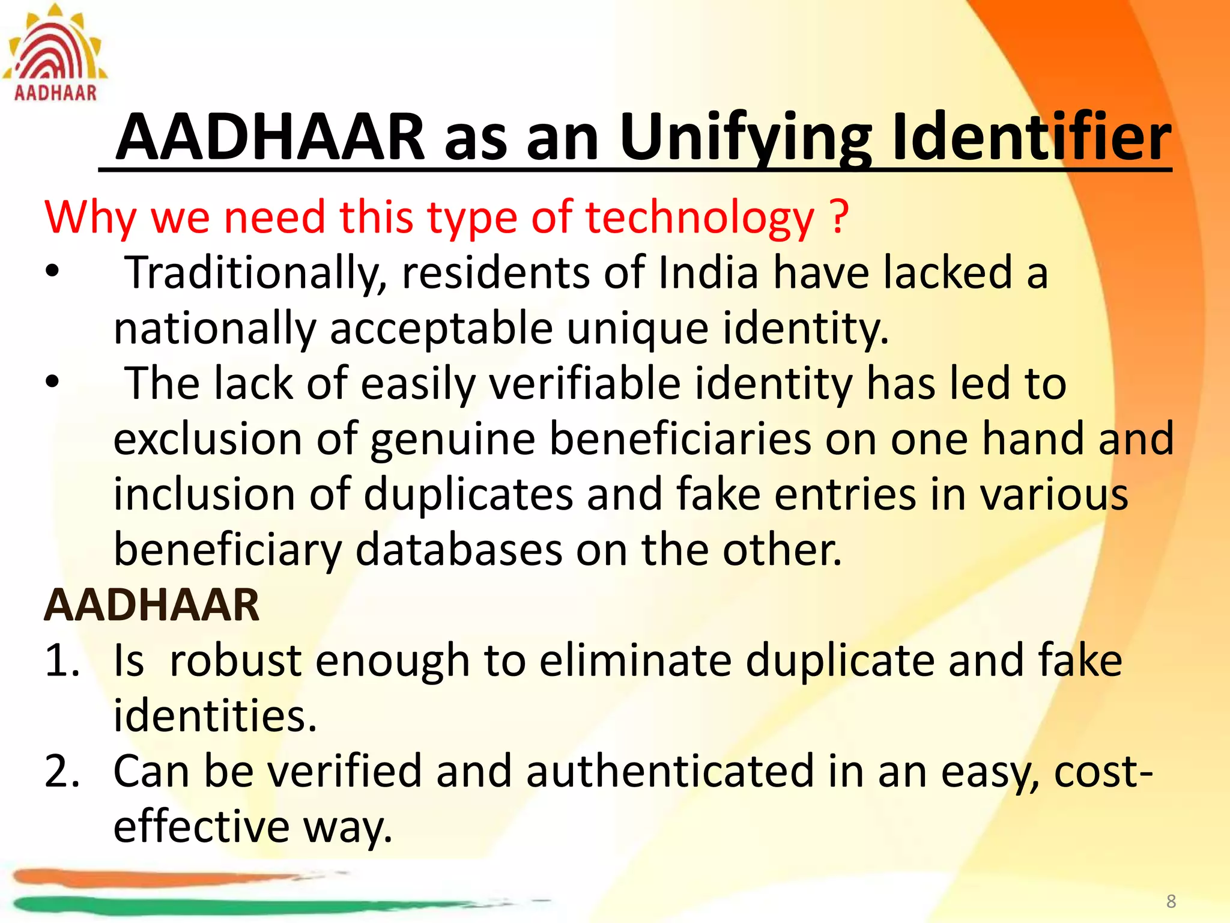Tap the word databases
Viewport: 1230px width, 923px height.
459,550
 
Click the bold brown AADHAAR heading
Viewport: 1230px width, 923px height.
152,605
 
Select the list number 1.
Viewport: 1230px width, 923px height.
61,660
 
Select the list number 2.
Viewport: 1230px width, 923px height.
61,771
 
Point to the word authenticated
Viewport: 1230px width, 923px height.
669,771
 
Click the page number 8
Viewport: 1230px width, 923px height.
1171,901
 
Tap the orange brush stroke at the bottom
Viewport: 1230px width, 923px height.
150,878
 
